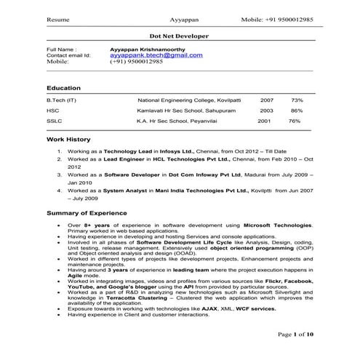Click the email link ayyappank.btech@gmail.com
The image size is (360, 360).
[x=156, y=55]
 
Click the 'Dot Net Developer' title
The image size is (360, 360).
[x=179, y=35]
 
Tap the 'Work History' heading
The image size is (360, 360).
[x=68, y=138]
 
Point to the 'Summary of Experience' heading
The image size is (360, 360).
[x=87, y=213]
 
